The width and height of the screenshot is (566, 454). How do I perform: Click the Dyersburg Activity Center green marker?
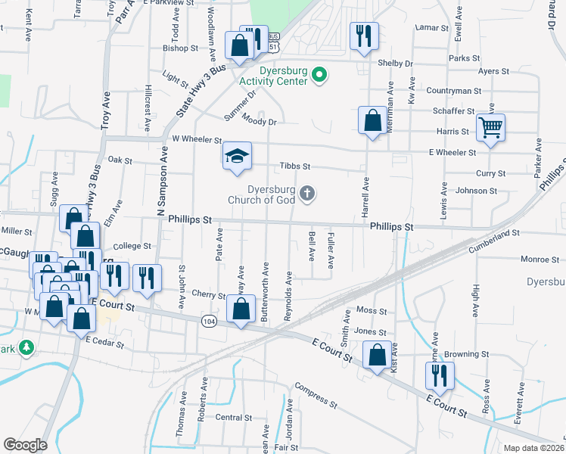319,74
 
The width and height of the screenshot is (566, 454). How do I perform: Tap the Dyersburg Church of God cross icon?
307,194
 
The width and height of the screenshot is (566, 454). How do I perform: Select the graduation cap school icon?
236,156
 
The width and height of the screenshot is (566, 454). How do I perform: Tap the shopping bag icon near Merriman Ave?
372,120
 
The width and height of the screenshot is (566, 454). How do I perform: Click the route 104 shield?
208,322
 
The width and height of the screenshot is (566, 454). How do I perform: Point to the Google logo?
25,444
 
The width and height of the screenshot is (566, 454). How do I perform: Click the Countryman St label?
453,91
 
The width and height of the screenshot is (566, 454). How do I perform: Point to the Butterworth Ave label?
266,292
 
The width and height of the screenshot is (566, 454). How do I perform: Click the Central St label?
233,418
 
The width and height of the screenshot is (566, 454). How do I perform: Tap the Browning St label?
466,354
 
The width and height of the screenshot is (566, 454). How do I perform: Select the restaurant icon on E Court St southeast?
438,374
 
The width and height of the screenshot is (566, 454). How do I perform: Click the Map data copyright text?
533,448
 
